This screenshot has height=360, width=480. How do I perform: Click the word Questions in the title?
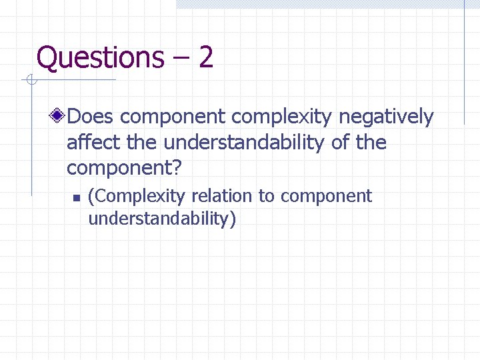click(x=99, y=57)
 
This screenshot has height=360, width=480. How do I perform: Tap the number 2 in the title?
click(x=205, y=57)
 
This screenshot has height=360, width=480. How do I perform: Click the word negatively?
click(x=386, y=118)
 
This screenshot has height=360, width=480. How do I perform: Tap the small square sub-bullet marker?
click(x=76, y=197)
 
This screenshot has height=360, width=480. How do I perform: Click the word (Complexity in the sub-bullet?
click(x=136, y=197)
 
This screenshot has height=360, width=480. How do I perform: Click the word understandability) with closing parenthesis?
click(x=162, y=219)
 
